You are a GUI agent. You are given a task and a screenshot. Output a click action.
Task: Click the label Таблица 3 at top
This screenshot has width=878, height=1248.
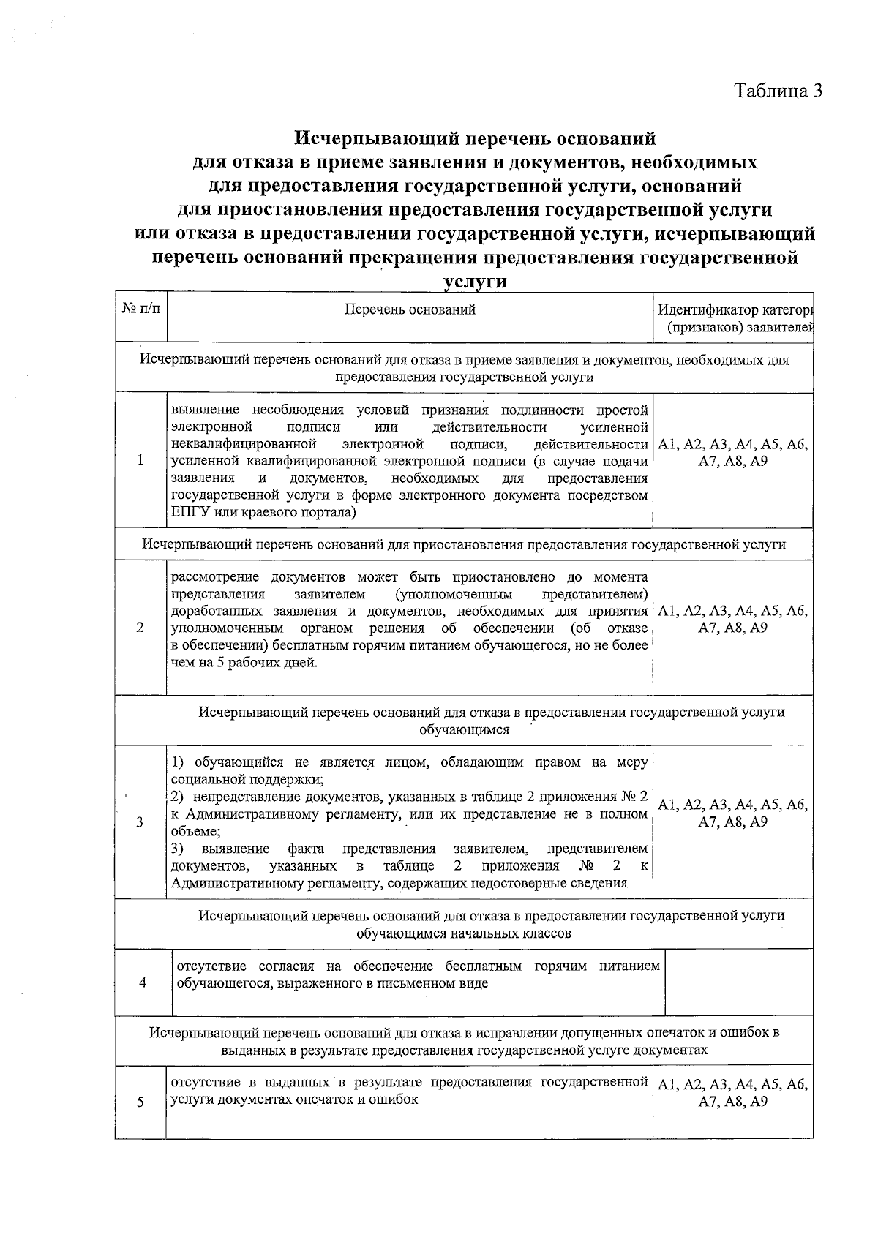778,91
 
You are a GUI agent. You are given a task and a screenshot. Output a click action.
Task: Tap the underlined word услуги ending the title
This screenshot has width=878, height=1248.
475,282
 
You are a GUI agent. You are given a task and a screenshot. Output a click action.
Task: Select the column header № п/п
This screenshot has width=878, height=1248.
140,309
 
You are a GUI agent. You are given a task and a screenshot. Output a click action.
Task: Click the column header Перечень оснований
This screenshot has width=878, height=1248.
410,309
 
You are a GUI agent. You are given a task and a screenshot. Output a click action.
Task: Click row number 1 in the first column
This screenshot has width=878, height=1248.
140,460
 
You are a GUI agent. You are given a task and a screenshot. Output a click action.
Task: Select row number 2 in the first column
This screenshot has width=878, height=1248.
140,628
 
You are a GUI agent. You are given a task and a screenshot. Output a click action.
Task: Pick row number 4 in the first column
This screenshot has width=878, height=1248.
143,982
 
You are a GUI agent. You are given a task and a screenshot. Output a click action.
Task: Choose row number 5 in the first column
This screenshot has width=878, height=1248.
140,1102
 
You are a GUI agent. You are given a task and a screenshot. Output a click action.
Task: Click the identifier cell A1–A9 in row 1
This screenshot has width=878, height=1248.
732,454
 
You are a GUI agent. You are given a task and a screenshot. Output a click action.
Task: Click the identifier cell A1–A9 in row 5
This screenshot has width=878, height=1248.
732,1094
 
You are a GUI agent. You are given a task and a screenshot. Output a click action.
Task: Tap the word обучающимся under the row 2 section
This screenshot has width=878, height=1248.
464,729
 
